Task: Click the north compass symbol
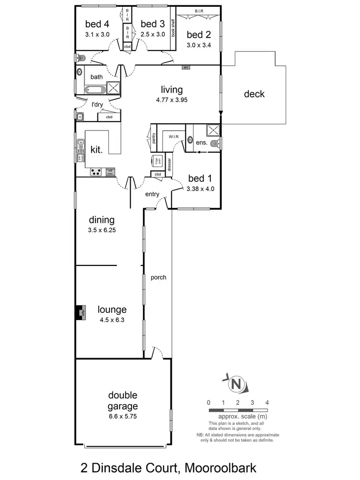235,384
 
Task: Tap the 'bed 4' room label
97,24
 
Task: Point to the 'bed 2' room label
199,35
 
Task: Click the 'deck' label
254,94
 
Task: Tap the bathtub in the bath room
94,89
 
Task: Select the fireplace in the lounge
80,312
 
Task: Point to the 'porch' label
158,277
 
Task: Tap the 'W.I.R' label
173,137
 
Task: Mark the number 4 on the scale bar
267,402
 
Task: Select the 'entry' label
152,194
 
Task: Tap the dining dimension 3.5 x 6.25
102,230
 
